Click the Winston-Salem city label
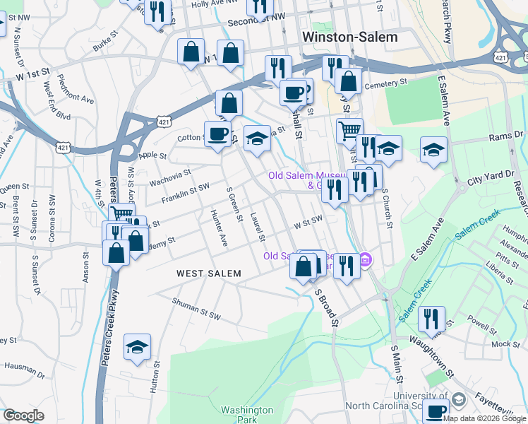pyautogui.click(x=349, y=37)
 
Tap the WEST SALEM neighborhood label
pyautogui.click(x=208, y=273)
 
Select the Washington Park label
pyautogui.click(x=246, y=415)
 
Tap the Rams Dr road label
pyautogui.click(x=508, y=134)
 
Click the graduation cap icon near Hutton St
pyautogui.click(x=137, y=346)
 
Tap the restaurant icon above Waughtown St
pyautogui.click(x=431, y=318)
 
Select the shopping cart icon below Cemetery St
pyautogui.click(x=349, y=129)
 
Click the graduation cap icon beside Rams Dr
pyautogui.click(x=433, y=149)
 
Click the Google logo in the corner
pyautogui.click(x=24, y=416)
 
